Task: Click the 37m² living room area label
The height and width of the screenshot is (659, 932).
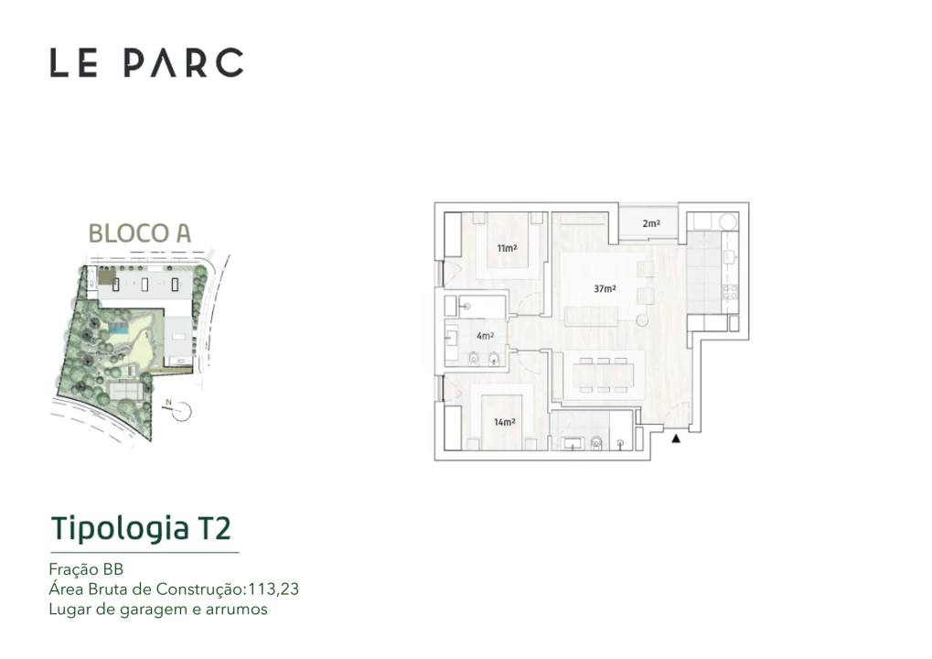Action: click(x=604, y=288)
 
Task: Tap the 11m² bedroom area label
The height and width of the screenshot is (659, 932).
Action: click(x=506, y=248)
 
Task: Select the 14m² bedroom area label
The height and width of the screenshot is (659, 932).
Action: click(x=504, y=422)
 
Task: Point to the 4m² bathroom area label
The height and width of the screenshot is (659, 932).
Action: click(x=485, y=336)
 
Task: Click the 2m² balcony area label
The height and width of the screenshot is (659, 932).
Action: click(x=650, y=223)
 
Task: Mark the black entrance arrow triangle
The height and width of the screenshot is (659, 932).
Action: click(x=676, y=440)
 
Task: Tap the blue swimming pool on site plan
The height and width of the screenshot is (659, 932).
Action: click(x=119, y=329)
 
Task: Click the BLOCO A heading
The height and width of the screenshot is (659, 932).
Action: click(x=139, y=232)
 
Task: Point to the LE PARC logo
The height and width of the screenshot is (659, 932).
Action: click(x=146, y=62)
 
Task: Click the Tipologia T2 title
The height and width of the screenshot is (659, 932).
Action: click(x=141, y=528)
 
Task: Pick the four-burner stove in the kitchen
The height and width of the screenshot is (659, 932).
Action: click(x=729, y=293)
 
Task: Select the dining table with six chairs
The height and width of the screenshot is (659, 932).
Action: click(x=604, y=373)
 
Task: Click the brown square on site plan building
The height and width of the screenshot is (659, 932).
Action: click(x=107, y=277)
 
